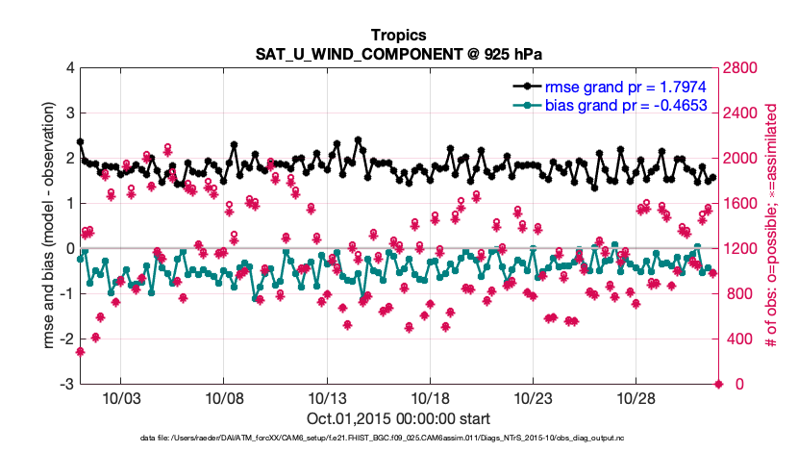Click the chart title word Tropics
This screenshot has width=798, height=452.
click(399, 35)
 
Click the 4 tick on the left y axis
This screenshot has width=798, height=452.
click(69, 68)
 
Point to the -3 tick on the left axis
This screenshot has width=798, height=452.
click(66, 385)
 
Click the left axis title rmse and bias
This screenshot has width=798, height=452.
click(46, 226)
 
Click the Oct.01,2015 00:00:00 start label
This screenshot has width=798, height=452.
click(399, 419)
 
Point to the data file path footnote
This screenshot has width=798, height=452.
click(399, 439)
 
